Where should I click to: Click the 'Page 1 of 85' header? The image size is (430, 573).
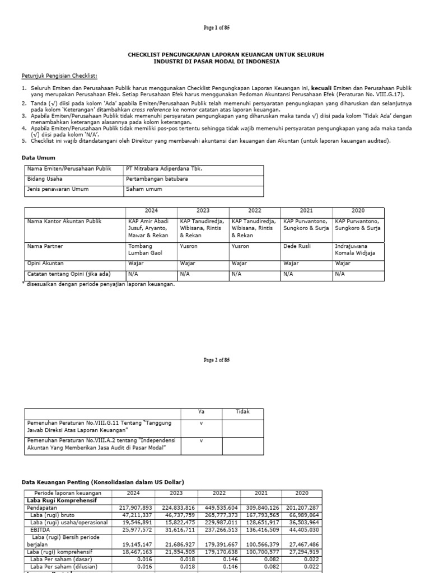click(x=216, y=27)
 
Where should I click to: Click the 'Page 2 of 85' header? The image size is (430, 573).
click(x=216, y=360)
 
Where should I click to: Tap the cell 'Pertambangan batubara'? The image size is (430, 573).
click(x=156, y=179)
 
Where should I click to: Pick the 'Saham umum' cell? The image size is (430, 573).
click(x=144, y=189)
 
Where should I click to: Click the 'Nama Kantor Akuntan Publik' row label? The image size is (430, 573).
click(x=64, y=222)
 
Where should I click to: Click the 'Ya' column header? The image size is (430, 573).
click(x=201, y=412)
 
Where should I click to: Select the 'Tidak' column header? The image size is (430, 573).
click(x=242, y=412)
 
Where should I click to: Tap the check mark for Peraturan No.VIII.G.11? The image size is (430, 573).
click(x=201, y=424)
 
